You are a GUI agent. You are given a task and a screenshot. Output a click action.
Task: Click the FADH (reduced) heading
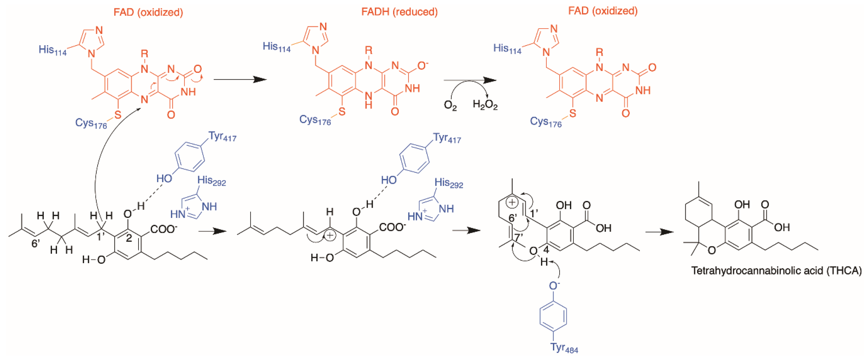click(x=399, y=12)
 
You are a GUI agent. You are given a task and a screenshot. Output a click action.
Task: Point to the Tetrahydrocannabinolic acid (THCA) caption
click(x=776, y=271)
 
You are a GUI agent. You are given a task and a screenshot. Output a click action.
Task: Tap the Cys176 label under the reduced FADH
click(x=315, y=120)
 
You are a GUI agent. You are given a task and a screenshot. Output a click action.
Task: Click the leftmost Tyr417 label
click(x=222, y=137)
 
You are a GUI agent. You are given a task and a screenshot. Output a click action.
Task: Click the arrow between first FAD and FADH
click(x=240, y=79)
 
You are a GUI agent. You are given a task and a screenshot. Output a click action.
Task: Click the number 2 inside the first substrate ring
click(x=129, y=239)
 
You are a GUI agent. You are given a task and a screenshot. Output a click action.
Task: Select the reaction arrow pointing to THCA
click(x=660, y=232)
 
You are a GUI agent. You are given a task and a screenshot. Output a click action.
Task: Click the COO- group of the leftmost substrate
click(x=164, y=229)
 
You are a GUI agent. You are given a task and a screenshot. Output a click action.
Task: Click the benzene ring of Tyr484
click(x=553, y=317)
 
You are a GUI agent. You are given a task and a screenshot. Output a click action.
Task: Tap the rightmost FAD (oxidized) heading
click(x=603, y=11)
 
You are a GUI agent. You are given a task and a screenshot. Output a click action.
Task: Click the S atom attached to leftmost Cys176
click(x=117, y=115)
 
